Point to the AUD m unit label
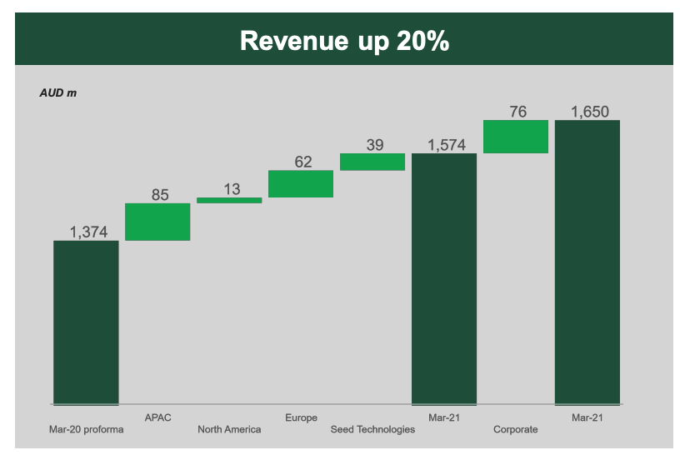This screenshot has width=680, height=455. pos(58,92)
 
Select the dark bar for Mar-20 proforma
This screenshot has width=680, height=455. pos(87,322)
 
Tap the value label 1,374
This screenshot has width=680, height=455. pos(89,232)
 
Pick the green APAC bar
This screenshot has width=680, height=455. pos(157,222)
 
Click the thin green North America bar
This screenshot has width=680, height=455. pos(229,200)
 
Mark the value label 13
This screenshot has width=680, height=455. pos(232,189)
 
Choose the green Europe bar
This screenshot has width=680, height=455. pos(301,184)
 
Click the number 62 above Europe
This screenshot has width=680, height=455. pos(302,162)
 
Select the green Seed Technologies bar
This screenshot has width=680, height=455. pos(372,162)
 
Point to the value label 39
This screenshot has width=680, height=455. pos(375,145)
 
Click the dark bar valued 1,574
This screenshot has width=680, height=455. pos(444,279)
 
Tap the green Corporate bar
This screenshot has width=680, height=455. pos(516,137)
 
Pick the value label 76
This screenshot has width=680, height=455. pos(517,112)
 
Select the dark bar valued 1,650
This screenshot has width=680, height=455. pos(587,262)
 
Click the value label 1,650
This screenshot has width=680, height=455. pos(590,112)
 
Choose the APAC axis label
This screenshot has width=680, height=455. pos(157,417)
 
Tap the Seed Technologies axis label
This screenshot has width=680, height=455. pos(372,429)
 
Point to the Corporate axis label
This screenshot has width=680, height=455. pos(516,429)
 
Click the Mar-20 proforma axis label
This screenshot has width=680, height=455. pos(87,429)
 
